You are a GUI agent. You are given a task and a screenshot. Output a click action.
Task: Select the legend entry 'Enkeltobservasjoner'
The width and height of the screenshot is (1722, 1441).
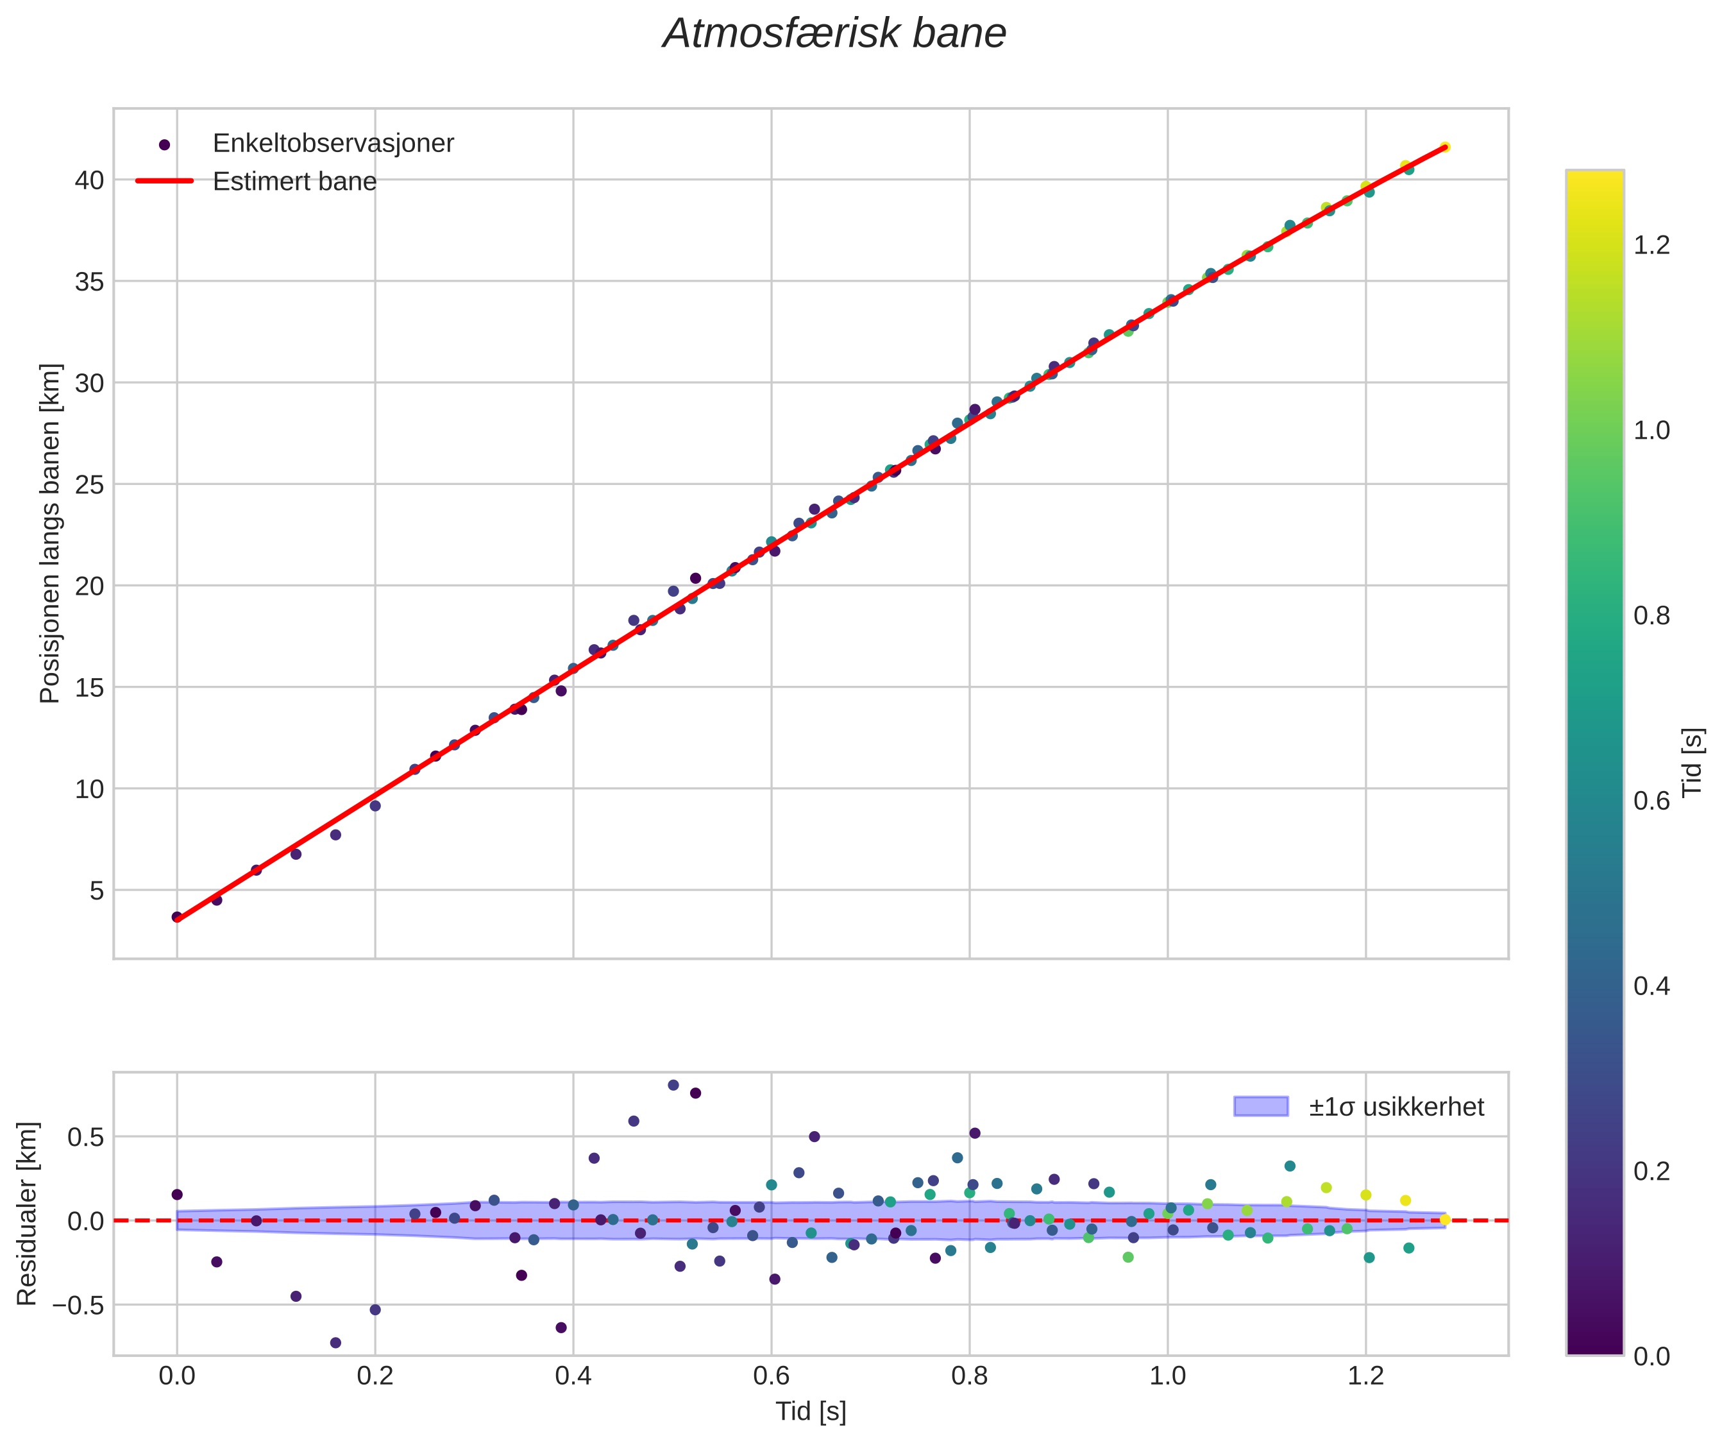[332, 144]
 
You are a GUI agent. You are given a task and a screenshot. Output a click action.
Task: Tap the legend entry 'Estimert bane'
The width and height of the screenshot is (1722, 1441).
[294, 182]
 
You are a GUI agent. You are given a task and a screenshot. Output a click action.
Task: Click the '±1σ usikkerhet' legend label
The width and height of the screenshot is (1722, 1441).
[1396, 1107]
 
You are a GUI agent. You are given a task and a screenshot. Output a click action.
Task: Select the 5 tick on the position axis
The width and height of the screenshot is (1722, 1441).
[97, 891]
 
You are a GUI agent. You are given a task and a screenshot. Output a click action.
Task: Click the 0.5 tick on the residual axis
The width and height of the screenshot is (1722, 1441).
[86, 1138]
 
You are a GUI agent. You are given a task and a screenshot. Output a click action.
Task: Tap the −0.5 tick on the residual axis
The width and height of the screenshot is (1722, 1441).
[79, 1305]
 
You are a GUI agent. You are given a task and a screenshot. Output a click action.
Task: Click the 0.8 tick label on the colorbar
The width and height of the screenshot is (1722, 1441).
[1651, 616]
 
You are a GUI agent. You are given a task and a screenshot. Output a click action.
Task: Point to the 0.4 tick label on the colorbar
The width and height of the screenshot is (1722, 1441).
[1651, 986]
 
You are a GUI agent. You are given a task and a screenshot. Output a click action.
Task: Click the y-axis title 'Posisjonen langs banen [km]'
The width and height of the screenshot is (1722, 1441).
[50, 533]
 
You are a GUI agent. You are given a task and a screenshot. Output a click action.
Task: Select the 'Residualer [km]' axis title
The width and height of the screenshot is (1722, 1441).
[27, 1214]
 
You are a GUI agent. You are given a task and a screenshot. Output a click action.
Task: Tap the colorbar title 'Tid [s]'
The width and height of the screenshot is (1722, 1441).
[1692, 763]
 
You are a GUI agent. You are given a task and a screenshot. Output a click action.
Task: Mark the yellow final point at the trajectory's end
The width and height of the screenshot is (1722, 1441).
[1445, 148]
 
